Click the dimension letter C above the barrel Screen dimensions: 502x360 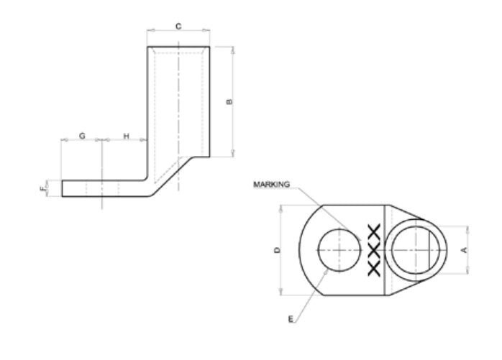(178, 27)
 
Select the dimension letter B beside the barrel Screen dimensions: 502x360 (229, 102)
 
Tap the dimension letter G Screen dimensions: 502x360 (82, 136)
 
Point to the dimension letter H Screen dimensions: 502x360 (127, 136)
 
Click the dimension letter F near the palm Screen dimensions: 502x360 (43, 189)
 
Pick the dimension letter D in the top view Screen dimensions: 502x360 (278, 250)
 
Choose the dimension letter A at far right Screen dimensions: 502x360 (464, 249)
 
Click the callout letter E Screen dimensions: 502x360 (291, 319)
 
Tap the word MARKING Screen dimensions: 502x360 (271, 185)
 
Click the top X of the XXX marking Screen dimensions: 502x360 (374, 231)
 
